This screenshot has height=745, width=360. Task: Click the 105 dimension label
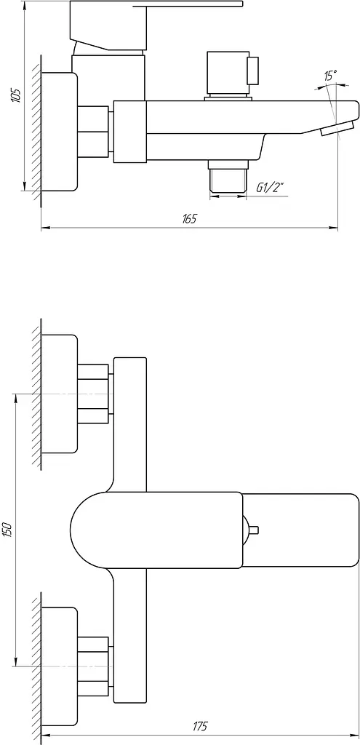coord(16,95)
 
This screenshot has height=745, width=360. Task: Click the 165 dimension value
coord(189,218)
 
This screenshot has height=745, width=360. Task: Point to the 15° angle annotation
coord(331,76)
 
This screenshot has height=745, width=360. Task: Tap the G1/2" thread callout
coord(269,188)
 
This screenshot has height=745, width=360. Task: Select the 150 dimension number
coord(7,530)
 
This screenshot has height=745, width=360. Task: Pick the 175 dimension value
coord(200,726)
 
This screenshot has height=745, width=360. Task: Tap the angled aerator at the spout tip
coord(337,128)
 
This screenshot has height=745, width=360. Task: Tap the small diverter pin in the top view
coord(250,530)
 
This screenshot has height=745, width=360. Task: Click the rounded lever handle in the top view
coord(156,530)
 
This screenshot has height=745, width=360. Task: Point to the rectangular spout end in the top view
coord(300,530)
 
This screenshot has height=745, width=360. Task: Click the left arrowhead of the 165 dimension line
coord(46,228)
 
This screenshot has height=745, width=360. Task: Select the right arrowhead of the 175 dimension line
coord(354,736)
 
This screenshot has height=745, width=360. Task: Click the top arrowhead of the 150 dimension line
coord(16,399)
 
